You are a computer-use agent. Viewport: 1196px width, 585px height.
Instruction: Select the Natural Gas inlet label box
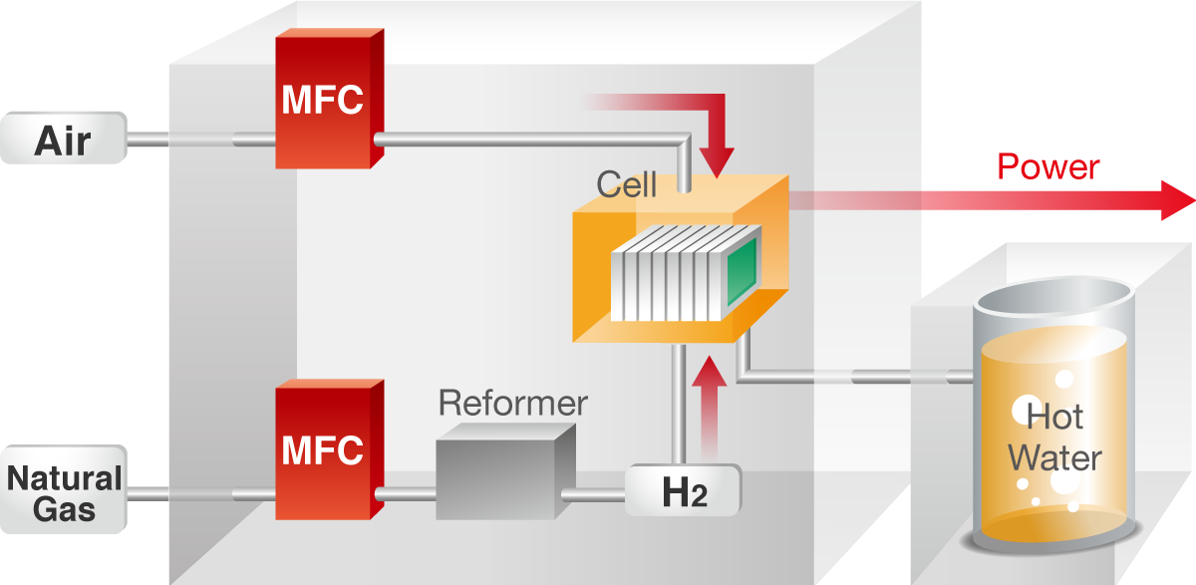(x=63, y=492)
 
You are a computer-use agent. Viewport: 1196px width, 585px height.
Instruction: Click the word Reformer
(x=513, y=404)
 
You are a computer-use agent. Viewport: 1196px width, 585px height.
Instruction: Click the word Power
(x=1048, y=165)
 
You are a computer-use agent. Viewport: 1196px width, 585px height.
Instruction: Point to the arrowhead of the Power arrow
(x=1176, y=201)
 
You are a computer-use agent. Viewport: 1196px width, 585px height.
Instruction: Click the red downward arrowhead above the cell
(x=716, y=159)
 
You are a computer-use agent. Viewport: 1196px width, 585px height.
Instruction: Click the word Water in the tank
(x=1054, y=458)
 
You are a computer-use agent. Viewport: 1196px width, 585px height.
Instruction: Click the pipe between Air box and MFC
(x=199, y=141)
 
